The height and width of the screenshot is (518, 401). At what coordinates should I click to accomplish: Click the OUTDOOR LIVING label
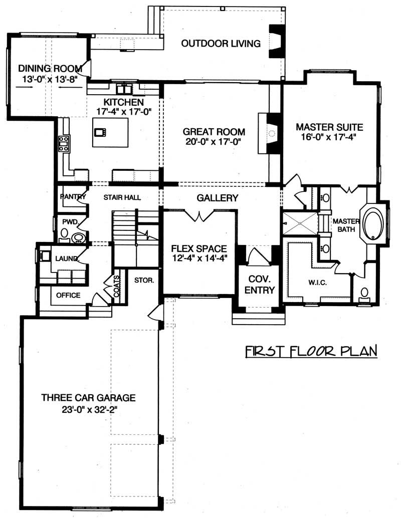221,44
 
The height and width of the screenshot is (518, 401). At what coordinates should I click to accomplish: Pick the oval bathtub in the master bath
374,223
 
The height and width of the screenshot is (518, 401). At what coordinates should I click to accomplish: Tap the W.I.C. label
318,284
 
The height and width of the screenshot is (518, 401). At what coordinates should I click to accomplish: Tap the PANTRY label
73,197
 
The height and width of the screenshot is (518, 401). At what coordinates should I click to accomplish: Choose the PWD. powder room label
69,221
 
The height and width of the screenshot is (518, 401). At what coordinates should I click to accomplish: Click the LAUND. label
66,259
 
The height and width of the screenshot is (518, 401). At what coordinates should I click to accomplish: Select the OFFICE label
68,295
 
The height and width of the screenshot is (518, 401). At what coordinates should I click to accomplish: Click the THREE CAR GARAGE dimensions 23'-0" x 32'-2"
88,409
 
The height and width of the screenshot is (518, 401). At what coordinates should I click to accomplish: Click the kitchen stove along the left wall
64,144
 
